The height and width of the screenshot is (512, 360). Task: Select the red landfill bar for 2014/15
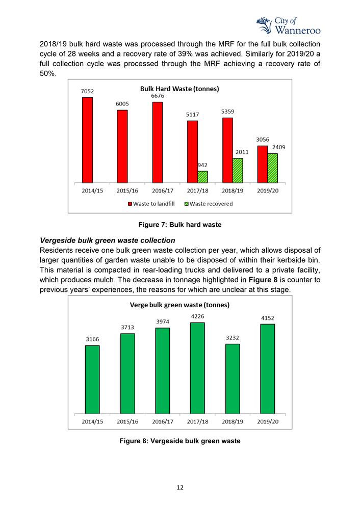click(x=87, y=140)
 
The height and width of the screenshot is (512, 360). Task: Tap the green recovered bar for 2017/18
click(x=202, y=177)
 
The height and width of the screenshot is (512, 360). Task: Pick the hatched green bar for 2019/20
click(x=272, y=168)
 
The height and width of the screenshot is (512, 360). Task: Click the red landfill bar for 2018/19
click(x=227, y=150)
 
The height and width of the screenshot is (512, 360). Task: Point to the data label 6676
click(x=157, y=96)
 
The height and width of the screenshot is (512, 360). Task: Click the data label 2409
click(x=278, y=147)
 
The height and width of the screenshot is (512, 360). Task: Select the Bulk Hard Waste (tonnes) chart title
click(x=179, y=89)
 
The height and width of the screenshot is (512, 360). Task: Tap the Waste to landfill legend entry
click(x=151, y=204)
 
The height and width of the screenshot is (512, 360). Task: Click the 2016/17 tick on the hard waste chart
click(x=162, y=191)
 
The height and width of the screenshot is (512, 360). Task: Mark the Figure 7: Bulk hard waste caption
click(x=180, y=225)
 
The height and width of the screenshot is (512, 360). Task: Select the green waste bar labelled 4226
click(x=197, y=368)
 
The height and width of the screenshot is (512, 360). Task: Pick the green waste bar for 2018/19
click(x=232, y=379)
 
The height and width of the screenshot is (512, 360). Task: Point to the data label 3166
click(x=92, y=339)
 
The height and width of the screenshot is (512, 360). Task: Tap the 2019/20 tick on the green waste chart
click(x=267, y=421)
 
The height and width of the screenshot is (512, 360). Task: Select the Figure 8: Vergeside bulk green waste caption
click(x=180, y=441)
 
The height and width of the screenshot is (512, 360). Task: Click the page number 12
click(x=180, y=488)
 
